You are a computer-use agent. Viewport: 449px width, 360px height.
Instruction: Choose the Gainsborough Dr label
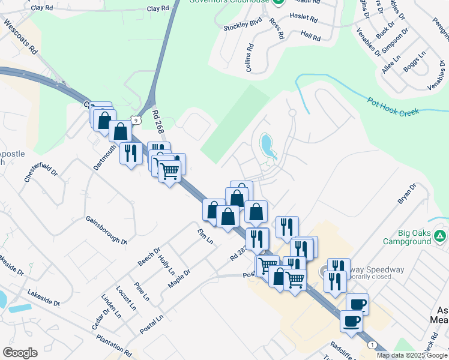(x=106, y=230)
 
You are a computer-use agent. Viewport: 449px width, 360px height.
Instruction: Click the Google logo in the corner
(x=20, y=353)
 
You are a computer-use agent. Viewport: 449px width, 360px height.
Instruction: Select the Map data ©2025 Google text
(x=411, y=355)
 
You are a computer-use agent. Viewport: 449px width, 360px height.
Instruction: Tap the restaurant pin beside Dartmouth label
(x=130, y=154)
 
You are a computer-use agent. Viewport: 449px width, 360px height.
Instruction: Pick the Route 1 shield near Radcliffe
(x=373, y=344)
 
